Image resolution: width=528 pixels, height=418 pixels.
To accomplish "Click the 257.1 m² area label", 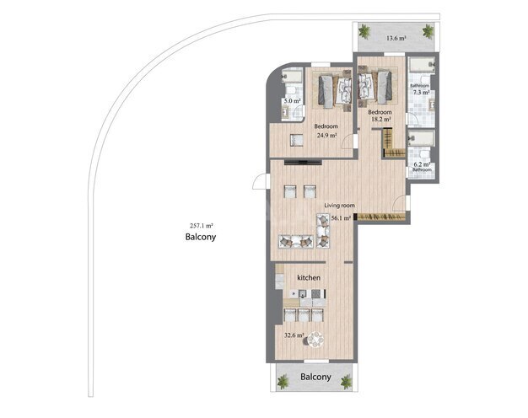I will tap(201, 225).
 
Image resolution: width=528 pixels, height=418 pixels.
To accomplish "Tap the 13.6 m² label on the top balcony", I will tap(396, 38).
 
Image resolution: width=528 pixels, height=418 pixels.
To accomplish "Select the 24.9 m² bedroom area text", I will tap(326, 135).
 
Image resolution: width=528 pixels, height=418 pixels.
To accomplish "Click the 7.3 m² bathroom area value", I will tap(421, 92).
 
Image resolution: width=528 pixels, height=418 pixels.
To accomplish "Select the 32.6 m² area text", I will tap(293, 335).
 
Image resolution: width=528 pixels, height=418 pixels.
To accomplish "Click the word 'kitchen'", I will tap(308, 277).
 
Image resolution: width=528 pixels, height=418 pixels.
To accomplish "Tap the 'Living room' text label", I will tap(340, 205).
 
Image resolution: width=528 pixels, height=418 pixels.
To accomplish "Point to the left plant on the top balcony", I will tap(364, 32).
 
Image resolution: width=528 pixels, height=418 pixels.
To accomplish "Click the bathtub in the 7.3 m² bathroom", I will tap(419, 67).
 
